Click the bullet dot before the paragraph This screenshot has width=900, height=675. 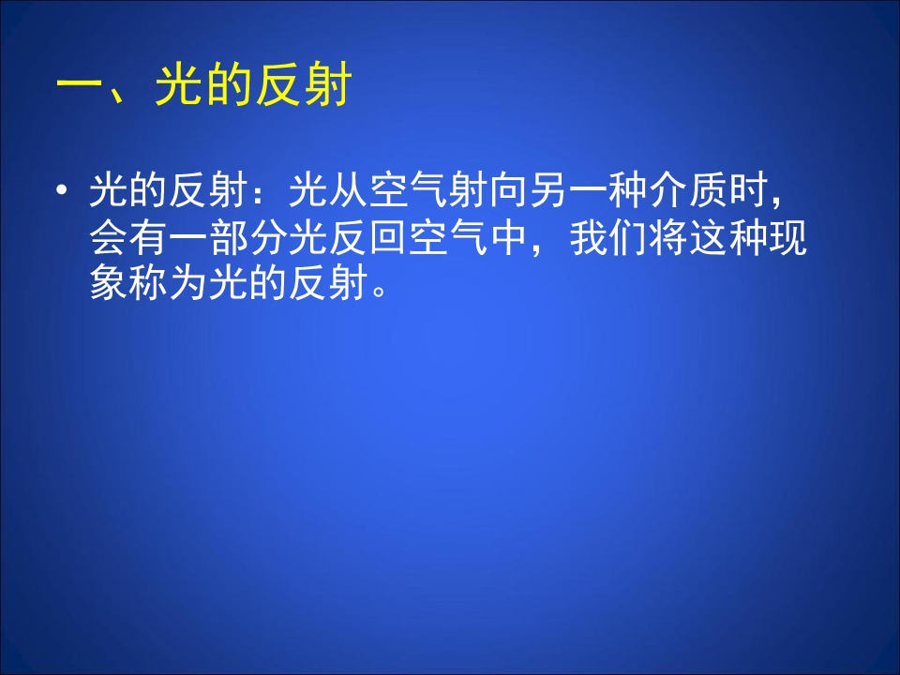pos(63,193)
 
